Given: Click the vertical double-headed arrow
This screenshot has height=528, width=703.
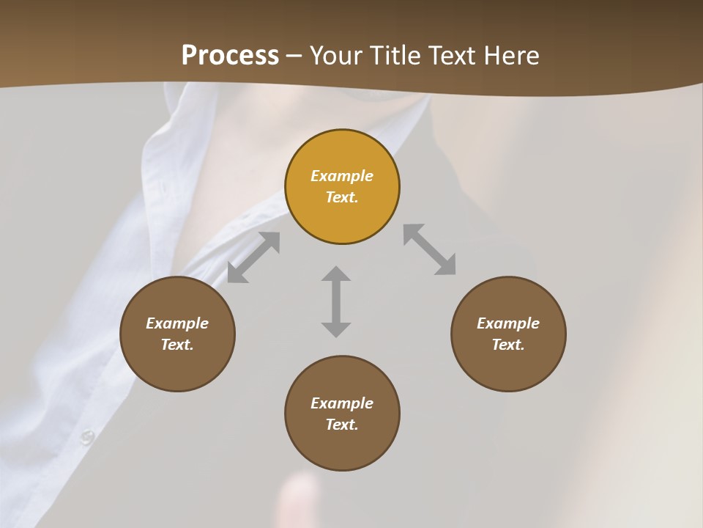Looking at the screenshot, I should point(336,301).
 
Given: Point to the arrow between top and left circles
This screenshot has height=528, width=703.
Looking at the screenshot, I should point(253,257).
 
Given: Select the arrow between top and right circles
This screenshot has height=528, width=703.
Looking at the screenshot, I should point(429,249).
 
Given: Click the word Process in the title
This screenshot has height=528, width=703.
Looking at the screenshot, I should point(230,55).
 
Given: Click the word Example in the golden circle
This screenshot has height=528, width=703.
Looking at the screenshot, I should point(342,176).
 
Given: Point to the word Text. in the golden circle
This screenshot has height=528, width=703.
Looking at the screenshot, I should point(342,197).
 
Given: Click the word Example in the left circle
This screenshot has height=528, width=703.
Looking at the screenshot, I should point(177,323).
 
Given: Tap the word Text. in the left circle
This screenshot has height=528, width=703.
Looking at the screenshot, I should point(177,345).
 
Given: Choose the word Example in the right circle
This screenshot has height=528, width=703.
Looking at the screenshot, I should point(508,323).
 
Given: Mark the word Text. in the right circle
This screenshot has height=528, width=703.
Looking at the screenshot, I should point(508,345).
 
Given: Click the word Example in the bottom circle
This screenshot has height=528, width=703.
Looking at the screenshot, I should point(342,403).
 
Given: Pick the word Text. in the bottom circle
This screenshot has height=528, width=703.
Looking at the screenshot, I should point(342,425).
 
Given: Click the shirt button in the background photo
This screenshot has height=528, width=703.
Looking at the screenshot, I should point(87,437).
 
